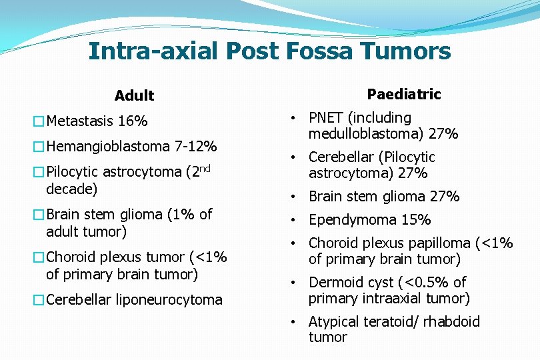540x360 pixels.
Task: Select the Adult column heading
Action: pos(134,96)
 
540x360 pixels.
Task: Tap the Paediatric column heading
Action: pos(404,95)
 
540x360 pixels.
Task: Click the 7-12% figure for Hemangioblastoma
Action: pos(195,146)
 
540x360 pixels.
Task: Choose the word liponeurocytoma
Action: pos(169,300)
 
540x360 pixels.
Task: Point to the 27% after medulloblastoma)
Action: pos(443,134)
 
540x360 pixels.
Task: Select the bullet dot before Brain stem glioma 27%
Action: pos(293,197)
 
